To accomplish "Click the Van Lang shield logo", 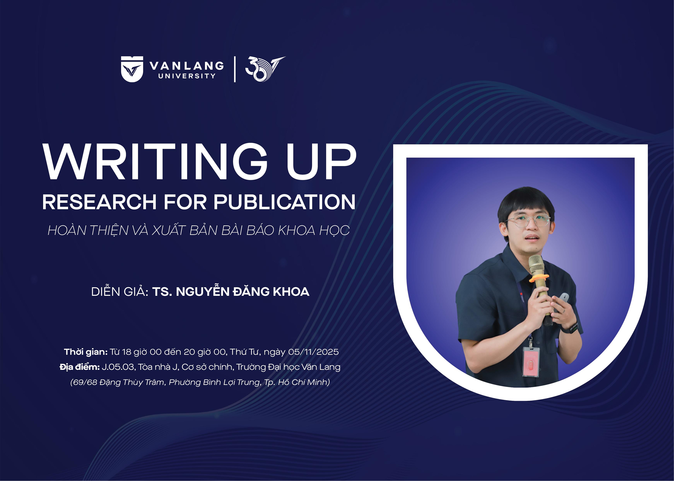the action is [132, 69].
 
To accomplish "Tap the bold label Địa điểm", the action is [79, 367].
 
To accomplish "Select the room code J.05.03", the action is [118, 367].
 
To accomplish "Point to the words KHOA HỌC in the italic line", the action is [314, 231].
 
